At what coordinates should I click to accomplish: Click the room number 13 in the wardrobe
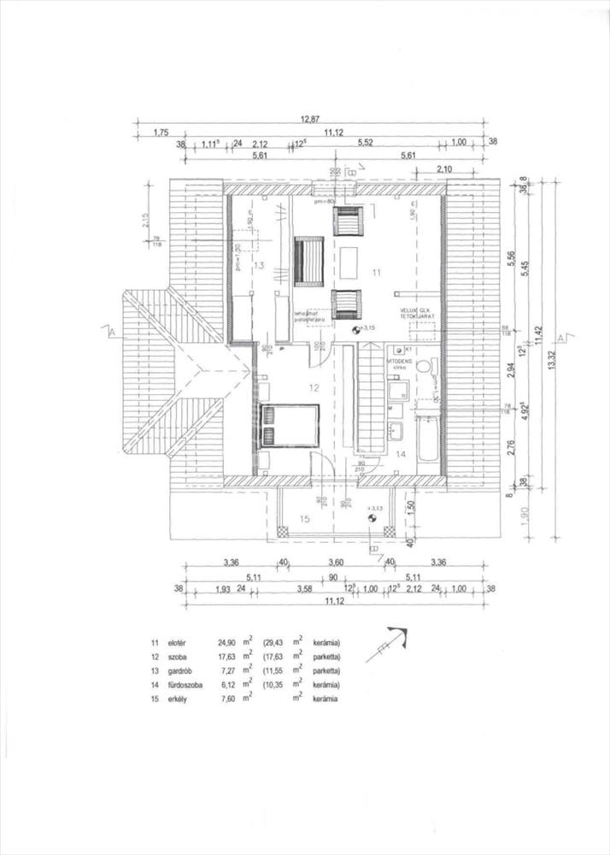click(260, 266)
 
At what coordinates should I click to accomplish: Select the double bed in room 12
click(287, 424)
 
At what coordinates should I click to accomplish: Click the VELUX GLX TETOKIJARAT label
click(416, 313)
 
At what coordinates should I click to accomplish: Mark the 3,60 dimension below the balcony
click(336, 563)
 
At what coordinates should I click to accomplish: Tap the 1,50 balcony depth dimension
click(409, 506)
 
